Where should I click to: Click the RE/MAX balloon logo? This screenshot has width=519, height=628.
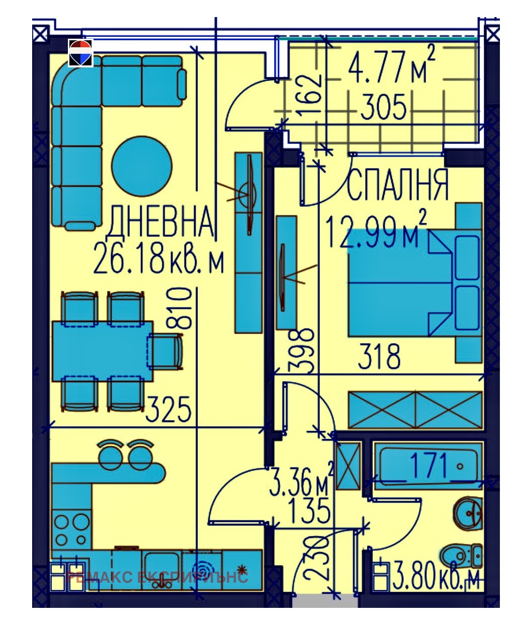[80, 53]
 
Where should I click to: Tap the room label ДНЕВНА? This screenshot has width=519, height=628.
[160, 222]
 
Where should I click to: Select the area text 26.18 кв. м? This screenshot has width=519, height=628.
[158, 260]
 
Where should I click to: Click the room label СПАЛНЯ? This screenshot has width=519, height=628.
[397, 185]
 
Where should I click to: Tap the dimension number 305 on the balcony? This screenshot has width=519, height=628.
[384, 108]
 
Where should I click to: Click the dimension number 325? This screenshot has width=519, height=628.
[168, 409]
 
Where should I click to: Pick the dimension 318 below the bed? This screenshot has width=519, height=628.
[379, 356]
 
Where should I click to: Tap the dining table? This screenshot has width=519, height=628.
[103, 351]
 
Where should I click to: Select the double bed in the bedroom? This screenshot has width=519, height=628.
[397, 283]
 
